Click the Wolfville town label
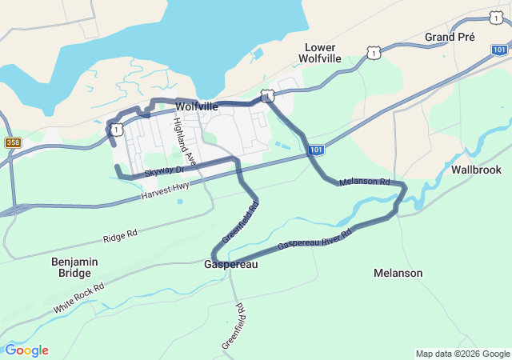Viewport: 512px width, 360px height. (196, 106)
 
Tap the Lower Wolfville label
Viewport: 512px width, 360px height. (319, 53)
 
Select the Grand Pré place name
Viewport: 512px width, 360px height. (450, 37)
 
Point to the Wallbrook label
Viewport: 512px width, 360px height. (476, 170)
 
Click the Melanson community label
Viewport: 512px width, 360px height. (398, 273)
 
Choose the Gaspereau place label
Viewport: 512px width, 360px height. (231, 264)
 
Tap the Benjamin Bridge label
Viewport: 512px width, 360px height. (74, 267)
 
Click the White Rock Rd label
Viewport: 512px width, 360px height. (79, 298)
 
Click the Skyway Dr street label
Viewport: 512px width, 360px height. (164, 171)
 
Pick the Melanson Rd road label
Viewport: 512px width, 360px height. (364, 182)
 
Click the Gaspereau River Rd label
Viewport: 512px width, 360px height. (314, 240)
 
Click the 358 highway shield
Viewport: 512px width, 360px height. (13, 142)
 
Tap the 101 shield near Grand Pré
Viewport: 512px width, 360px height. (499, 50)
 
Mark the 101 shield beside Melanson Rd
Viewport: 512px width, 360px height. (316, 150)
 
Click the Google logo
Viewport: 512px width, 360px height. (26, 350)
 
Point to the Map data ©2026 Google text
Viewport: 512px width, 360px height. (462, 354)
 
